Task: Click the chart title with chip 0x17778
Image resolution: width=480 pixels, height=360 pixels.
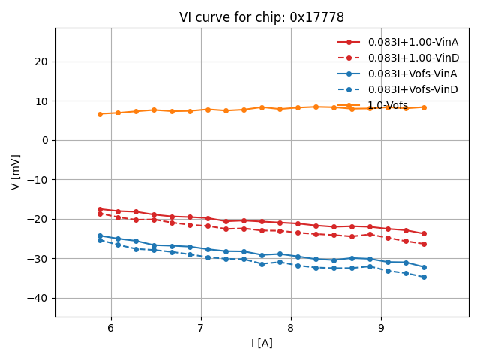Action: coord(262,17)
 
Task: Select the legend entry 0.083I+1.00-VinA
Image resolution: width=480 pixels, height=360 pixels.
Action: coord(413,42)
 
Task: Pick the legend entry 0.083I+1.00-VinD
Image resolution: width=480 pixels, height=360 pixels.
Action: coord(413,58)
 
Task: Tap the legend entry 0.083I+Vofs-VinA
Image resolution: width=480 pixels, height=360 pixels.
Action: coord(412,73)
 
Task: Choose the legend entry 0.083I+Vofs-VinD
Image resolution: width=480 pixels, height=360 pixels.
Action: coord(412,89)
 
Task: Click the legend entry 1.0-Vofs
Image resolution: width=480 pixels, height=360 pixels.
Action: coord(388,105)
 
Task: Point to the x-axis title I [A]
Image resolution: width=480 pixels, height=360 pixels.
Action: coord(262,343)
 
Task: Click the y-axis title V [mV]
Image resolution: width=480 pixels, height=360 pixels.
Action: coord(16,172)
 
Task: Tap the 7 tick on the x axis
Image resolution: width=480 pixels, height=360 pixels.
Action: coord(201,328)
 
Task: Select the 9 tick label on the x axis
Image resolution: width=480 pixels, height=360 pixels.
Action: coord(381,328)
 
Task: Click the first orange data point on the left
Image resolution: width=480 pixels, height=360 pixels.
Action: coord(100,114)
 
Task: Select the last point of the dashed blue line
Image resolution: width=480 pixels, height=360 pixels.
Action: coord(424,277)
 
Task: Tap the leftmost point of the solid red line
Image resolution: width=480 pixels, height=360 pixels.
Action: coord(100,209)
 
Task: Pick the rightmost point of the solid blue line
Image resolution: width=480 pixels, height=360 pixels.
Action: coord(424,267)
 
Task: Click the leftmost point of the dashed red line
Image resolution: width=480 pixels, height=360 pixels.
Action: coord(100,214)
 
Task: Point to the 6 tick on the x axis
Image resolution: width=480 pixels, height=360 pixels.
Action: coord(111,328)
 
